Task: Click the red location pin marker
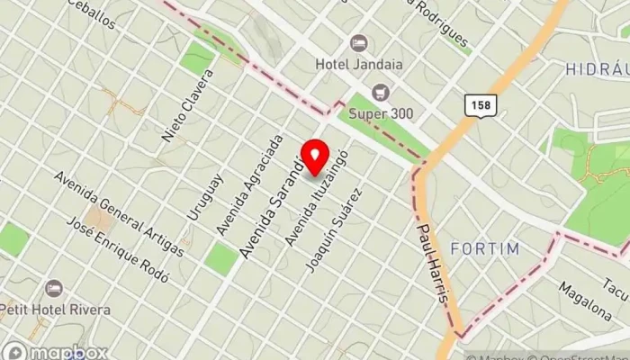tap(314, 157)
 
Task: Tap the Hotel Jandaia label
tap(358, 64)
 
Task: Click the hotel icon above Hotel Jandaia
tap(358, 42)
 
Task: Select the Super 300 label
tap(381, 113)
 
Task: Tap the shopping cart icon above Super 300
tap(381, 92)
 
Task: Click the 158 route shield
tap(480, 105)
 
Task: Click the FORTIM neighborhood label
tap(486, 247)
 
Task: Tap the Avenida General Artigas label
tap(118, 211)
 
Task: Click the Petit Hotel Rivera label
tap(55, 310)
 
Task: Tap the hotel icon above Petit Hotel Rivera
tap(54, 288)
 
